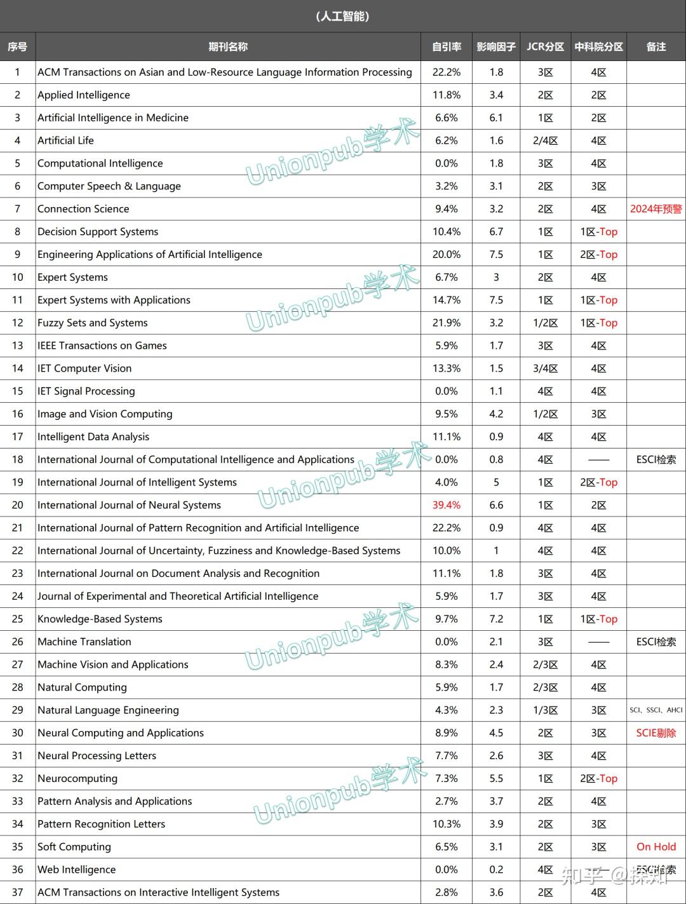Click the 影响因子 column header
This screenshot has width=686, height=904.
point(496,47)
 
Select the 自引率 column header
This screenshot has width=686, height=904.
point(447,47)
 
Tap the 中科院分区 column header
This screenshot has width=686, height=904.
point(598,47)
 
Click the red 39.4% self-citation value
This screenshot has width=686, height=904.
point(447,505)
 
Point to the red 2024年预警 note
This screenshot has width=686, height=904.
point(656,209)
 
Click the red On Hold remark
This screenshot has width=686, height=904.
point(656,847)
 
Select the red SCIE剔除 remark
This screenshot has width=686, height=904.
point(656,733)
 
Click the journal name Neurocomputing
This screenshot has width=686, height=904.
point(77,779)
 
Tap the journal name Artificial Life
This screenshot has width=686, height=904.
point(65,140)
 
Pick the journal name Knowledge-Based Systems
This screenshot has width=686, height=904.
point(100,619)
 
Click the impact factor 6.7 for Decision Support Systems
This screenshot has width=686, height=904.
point(496,232)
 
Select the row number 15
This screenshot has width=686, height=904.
point(17,391)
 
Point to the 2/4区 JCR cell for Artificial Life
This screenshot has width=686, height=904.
point(545,140)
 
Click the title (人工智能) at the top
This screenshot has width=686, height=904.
point(342,17)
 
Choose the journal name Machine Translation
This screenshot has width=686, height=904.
point(84,642)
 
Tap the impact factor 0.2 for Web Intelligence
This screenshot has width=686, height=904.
point(496,870)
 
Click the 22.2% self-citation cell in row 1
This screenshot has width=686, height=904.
point(447,72)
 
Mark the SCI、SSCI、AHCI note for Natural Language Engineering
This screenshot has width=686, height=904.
point(656,710)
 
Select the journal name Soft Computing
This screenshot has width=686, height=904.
point(74,847)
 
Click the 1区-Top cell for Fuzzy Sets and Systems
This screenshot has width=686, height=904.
point(598,323)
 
